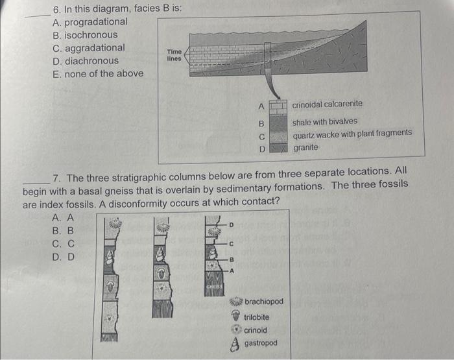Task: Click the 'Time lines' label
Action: point(174,55)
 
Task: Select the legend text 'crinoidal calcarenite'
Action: point(327,104)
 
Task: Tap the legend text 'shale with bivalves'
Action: point(324,122)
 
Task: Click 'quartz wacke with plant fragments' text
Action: point(352,133)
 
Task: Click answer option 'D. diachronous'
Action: point(86,61)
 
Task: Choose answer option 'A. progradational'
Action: point(90,22)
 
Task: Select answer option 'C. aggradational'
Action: point(89,48)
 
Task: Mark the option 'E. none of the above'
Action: point(98,73)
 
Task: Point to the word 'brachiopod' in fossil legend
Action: point(264,302)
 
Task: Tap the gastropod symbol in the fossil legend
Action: point(236,344)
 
